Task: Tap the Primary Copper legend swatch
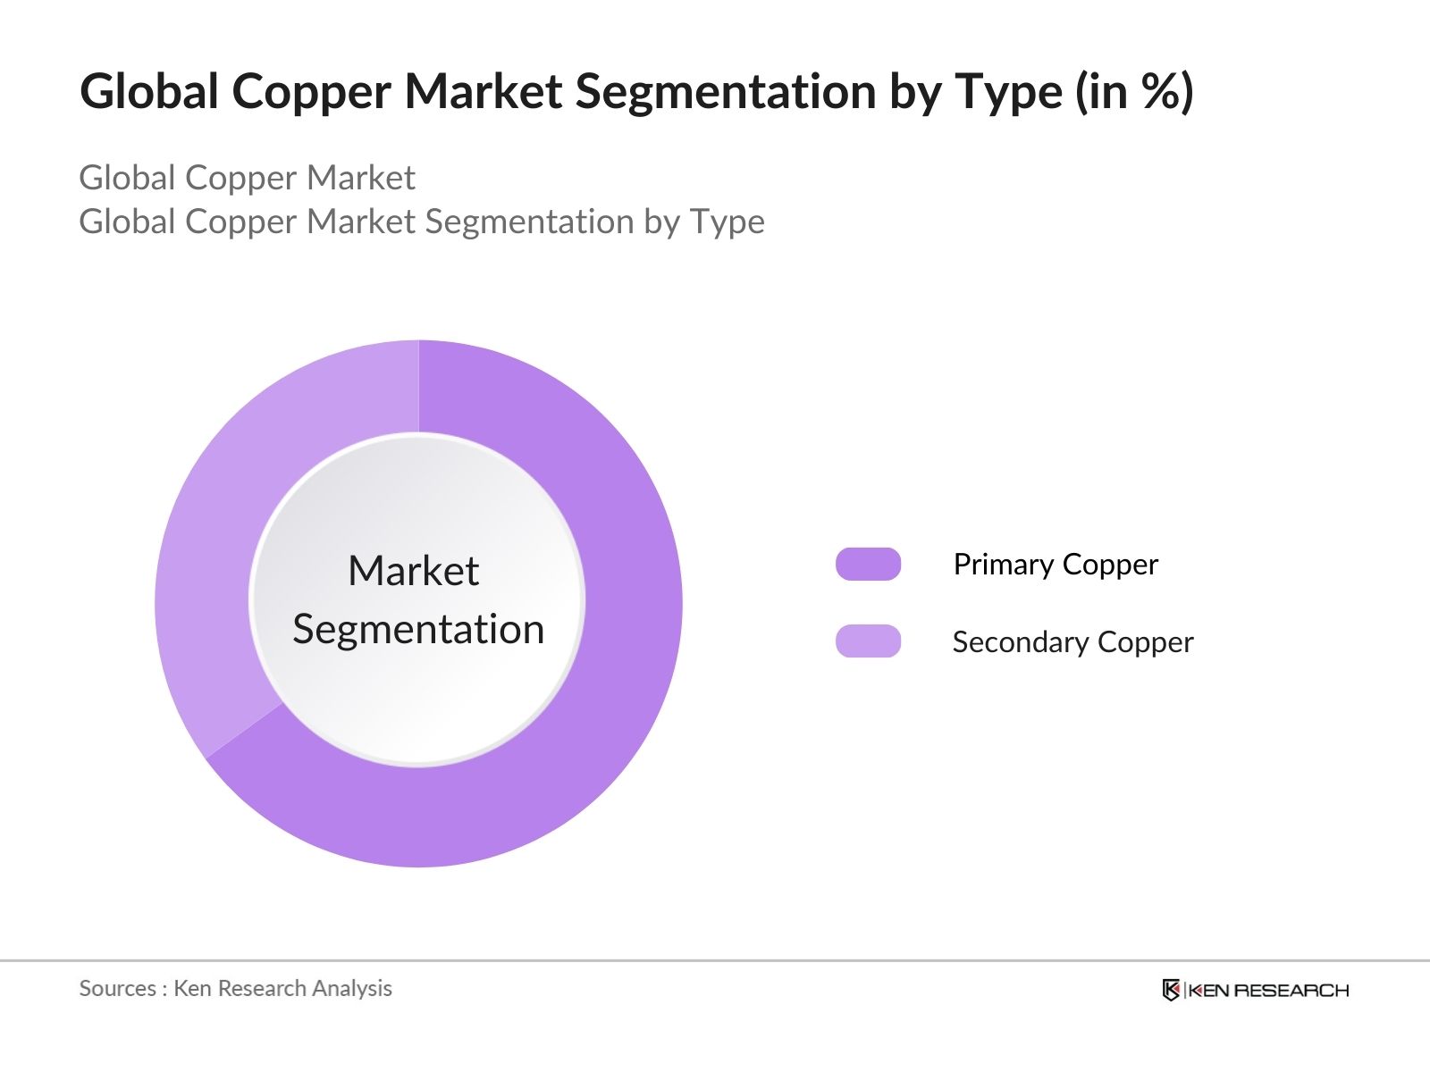coord(868,564)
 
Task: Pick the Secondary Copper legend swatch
coord(868,641)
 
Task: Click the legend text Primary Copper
coord(1056,565)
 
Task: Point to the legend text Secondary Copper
coord(1073,642)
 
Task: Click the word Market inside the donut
coord(414,571)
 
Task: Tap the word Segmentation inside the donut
coord(418,630)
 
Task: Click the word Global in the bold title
coord(148,91)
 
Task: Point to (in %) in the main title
coord(1135,92)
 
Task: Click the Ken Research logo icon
coord(1171,990)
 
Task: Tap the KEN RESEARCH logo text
coord(1268,991)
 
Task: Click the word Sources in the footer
coord(118,988)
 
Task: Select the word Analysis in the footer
coord(352,989)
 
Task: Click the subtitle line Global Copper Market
coord(247,178)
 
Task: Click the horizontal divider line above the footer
coord(715,960)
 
